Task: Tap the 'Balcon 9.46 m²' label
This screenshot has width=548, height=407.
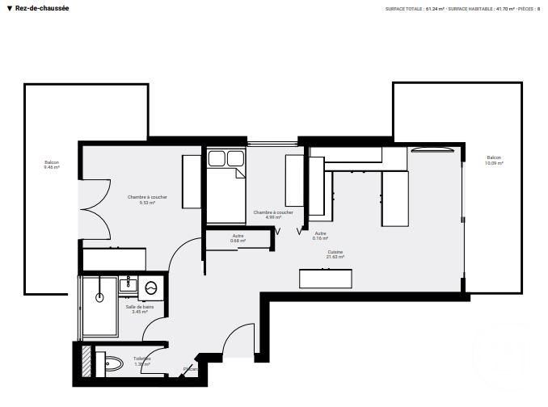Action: tap(52, 165)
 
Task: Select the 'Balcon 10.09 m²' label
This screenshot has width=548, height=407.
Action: tap(494, 160)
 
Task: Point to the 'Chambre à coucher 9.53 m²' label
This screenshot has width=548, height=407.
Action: tap(147, 199)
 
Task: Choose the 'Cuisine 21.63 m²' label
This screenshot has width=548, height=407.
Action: tap(335, 254)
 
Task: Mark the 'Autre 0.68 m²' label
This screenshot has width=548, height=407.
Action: tap(238, 238)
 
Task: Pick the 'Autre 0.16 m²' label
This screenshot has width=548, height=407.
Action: tap(320, 236)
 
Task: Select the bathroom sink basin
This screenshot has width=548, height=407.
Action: tap(126, 284)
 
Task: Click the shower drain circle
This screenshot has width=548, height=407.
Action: tap(99, 297)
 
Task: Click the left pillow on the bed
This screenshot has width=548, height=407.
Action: tap(217, 158)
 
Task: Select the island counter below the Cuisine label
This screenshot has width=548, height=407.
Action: tap(326, 278)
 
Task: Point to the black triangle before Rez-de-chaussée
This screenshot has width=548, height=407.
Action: tap(9, 8)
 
